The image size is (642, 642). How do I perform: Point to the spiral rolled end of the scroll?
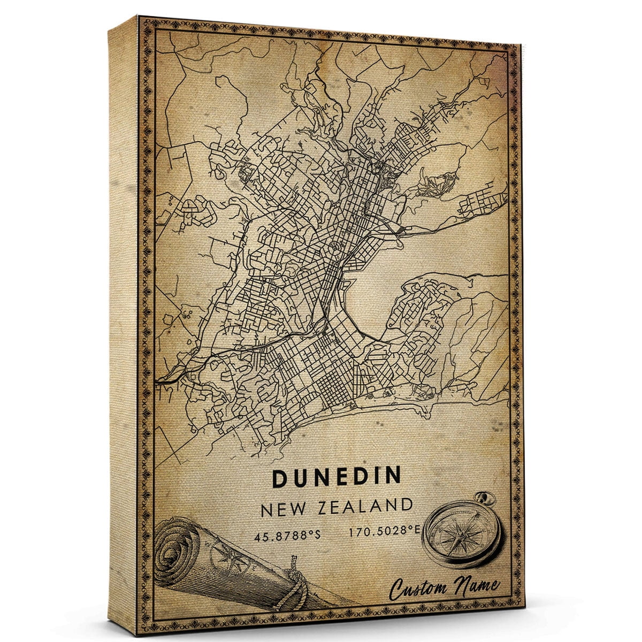click(177, 547)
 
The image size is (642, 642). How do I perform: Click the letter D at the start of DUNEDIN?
click(281, 477)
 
